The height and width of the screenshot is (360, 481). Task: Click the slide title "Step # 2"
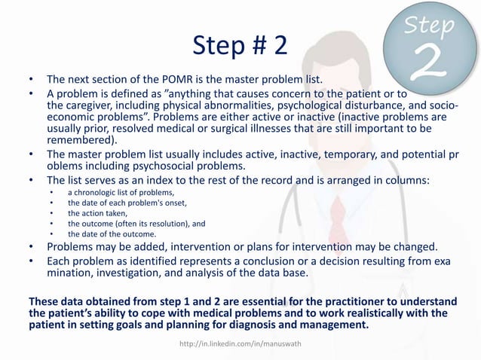[x=240, y=47]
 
